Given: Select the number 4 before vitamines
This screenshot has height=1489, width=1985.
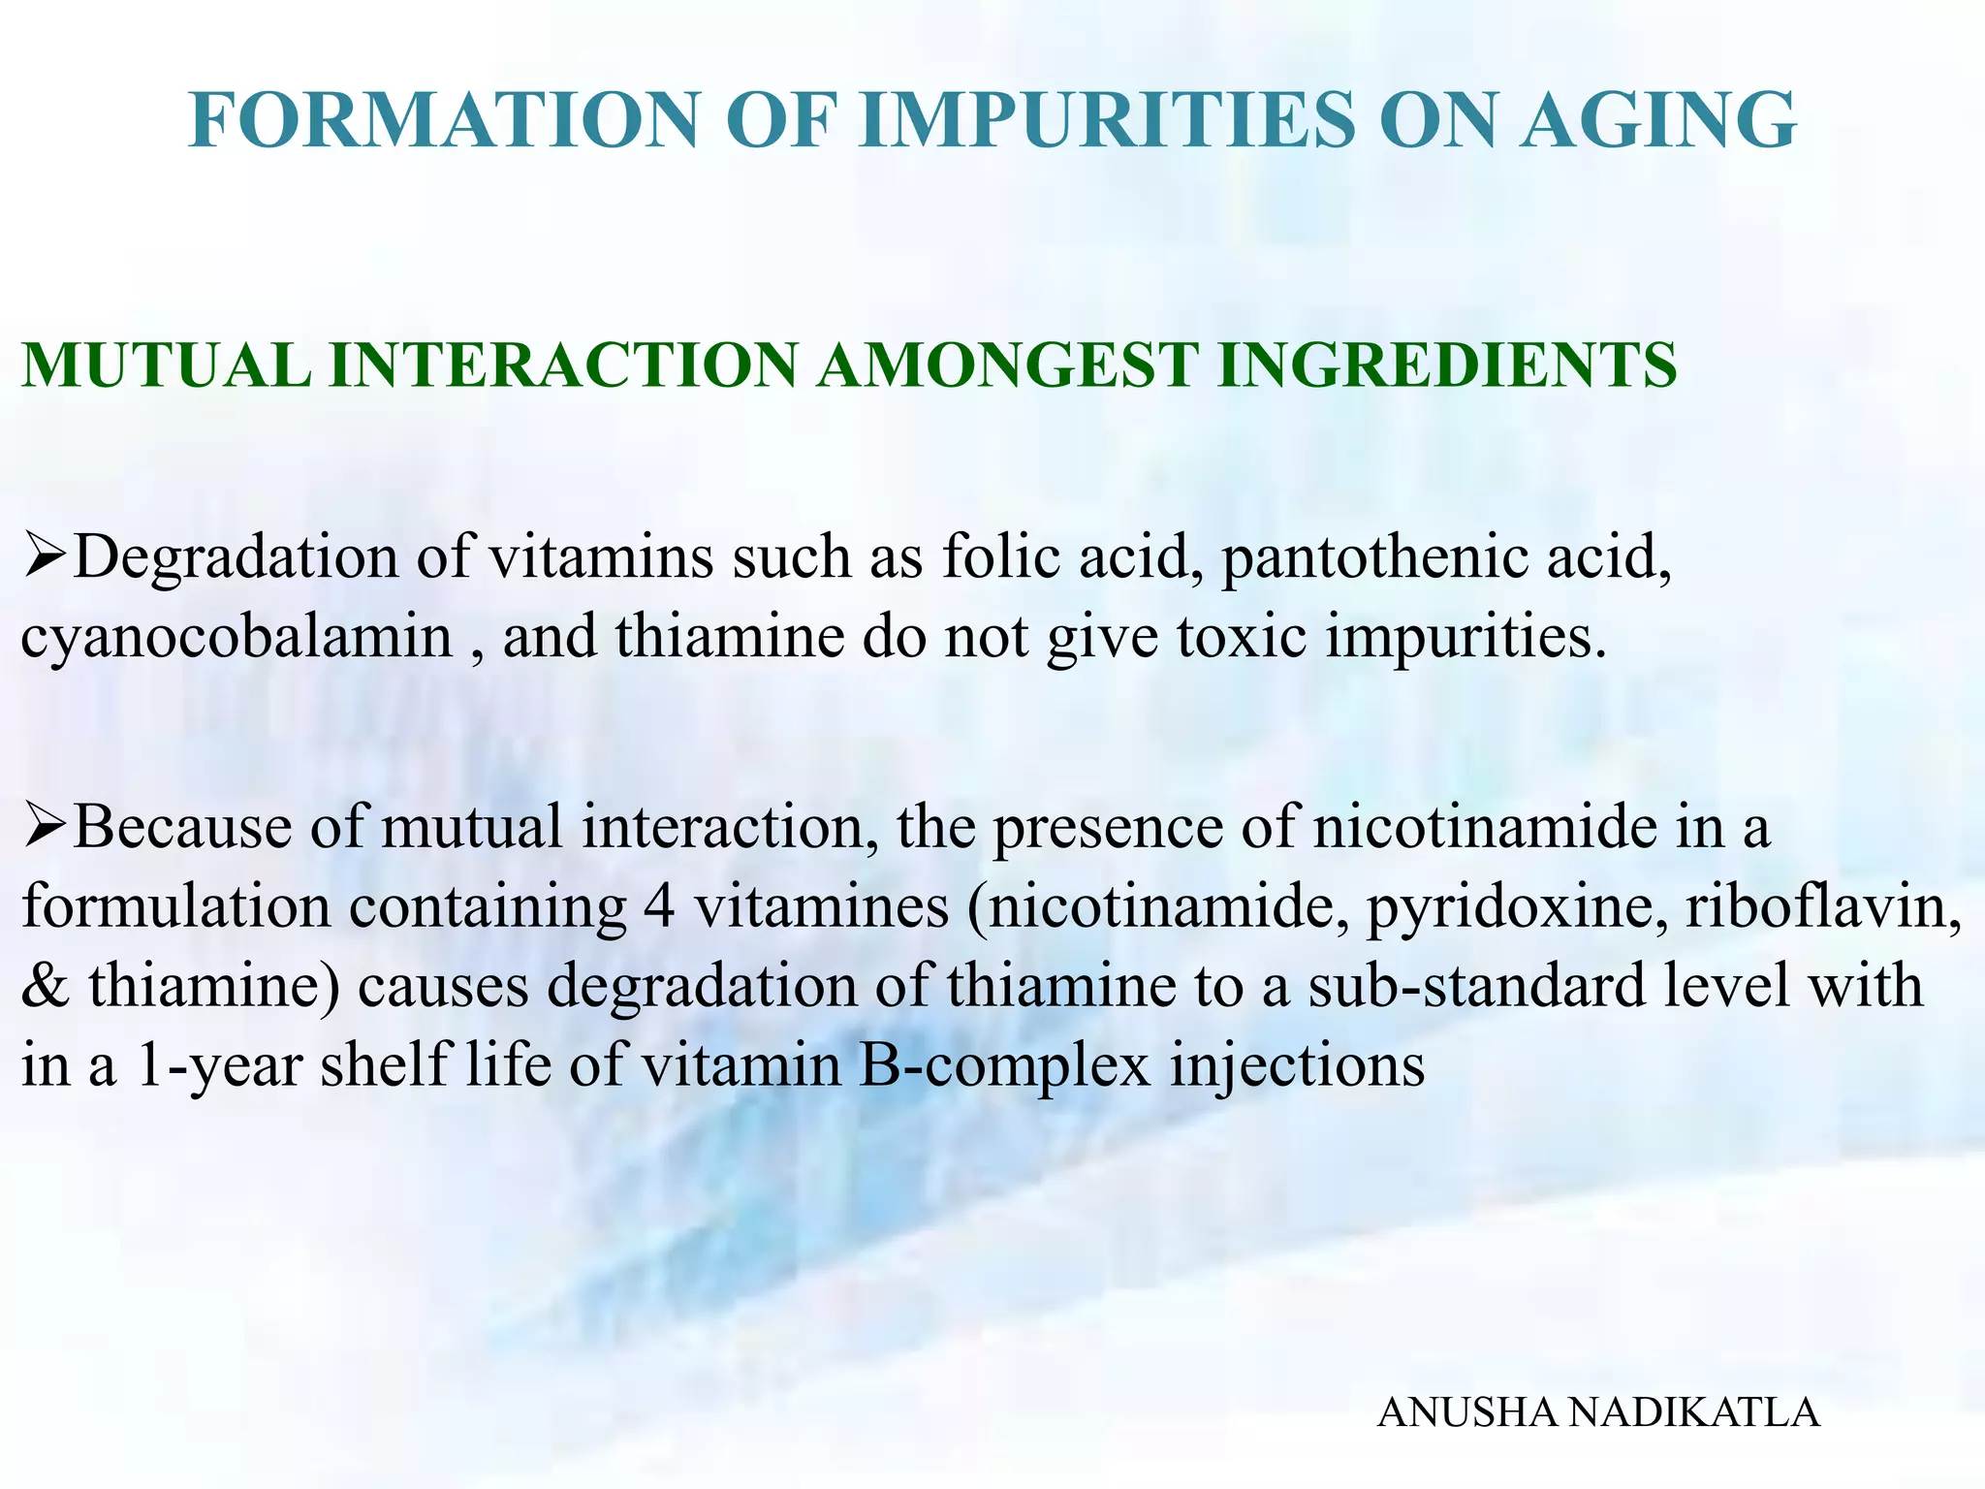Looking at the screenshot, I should [658, 908].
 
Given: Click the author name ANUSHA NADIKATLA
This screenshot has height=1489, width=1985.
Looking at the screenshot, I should [1598, 1412].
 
